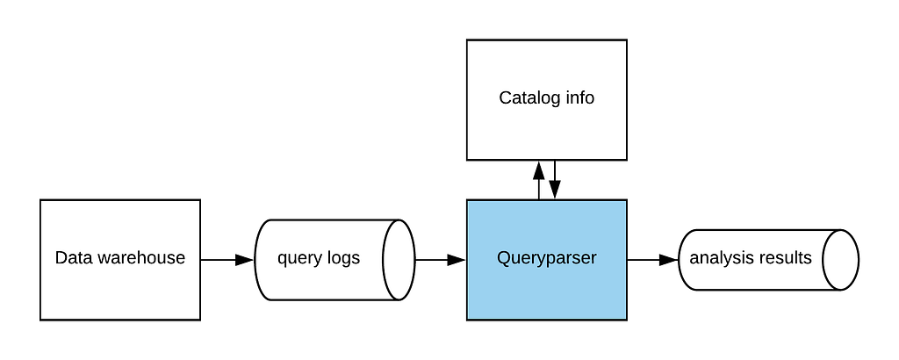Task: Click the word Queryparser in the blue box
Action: (x=546, y=258)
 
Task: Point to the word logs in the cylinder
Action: (x=342, y=258)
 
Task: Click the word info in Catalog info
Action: (x=579, y=97)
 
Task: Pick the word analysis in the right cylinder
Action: (x=718, y=258)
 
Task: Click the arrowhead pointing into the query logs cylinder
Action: (x=245, y=260)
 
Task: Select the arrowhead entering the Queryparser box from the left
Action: (x=457, y=260)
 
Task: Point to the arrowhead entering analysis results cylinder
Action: (x=669, y=260)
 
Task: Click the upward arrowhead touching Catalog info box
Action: (x=538, y=169)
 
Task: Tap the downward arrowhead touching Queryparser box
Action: (x=555, y=191)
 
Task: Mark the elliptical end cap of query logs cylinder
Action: (x=399, y=260)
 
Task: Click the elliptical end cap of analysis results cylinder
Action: (x=840, y=260)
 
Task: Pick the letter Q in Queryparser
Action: (x=503, y=258)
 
